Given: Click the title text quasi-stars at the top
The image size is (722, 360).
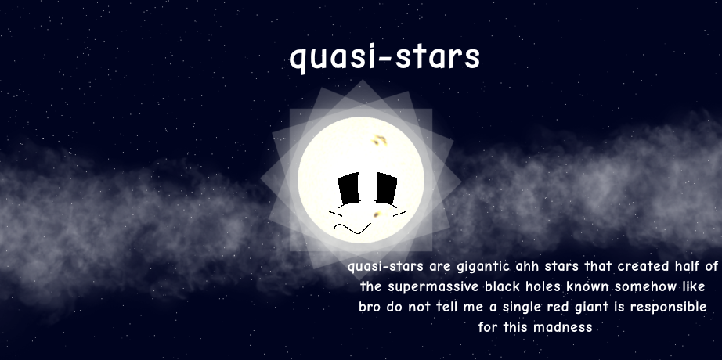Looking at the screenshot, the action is [x=385, y=57].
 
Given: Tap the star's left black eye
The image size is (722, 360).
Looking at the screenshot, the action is [x=349, y=189].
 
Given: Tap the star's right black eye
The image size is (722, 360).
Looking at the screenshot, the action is [x=386, y=189].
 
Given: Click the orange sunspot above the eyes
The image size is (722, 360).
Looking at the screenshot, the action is [x=380, y=139].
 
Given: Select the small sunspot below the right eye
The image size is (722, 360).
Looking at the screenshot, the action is [x=377, y=214].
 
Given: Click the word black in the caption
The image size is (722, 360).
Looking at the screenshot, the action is [x=499, y=286].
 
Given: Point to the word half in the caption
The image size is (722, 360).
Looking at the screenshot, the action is [x=688, y=266].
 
